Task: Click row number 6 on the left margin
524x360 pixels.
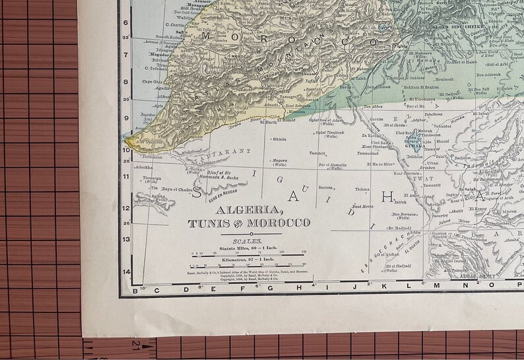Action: click(x=126, y=22)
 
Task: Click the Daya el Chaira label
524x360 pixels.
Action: click(x=177, y=190)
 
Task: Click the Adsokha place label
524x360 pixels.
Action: click(x=144, y=167)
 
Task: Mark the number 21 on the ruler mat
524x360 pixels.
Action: click(x=137, y=342)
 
